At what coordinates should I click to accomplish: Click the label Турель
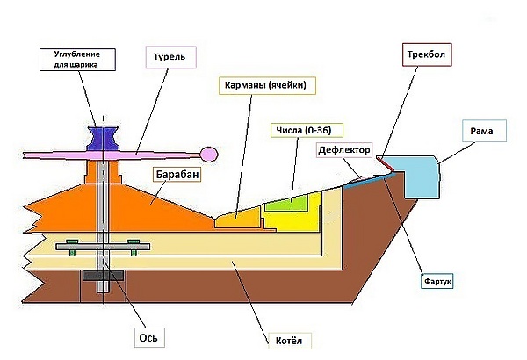click(x=169, y=58)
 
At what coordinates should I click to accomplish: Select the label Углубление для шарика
click(x=76, y=60)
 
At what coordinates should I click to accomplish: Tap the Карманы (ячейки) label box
click(x=266, y=85)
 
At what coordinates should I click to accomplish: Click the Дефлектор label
click(x=344, y=150)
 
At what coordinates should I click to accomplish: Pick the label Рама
click(x=480, y=132)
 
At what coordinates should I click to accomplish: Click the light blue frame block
click(x=414, y=176)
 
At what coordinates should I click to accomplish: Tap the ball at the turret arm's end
click(x=207, y=148)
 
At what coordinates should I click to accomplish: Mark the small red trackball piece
click(x=382, y=162)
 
